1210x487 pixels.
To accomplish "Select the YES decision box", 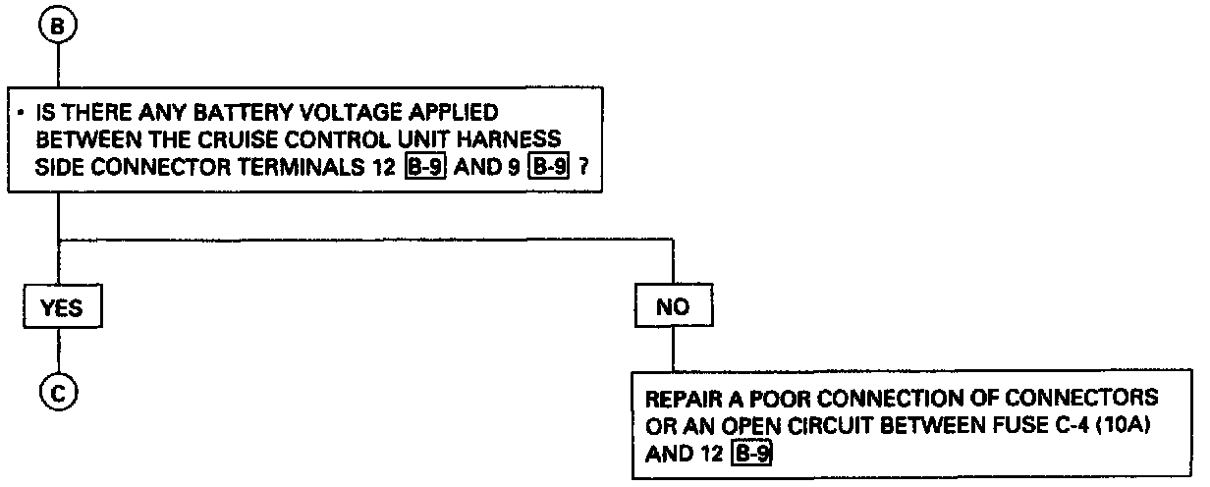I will (60, 307).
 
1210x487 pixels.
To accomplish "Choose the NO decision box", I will (673, 307).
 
